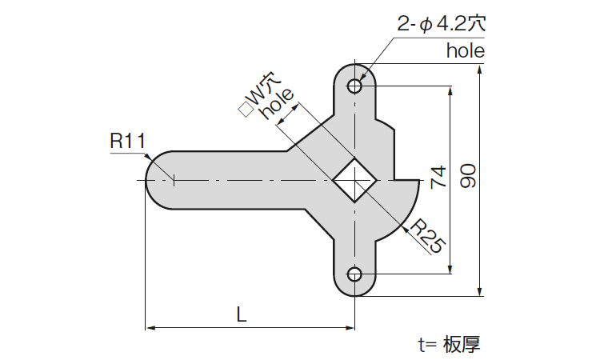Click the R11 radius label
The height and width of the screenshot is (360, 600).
click(126, 142)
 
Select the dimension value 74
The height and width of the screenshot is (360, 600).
click(437, 178)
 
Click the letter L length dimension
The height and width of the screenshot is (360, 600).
click(241, 314)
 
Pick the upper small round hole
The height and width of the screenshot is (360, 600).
click(354, 86)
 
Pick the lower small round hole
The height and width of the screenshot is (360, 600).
click(354, 275)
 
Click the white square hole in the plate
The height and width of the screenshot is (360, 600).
click(354, 180)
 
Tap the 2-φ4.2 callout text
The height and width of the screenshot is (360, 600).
click(442, 23)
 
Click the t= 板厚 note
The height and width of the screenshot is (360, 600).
click(449, 345)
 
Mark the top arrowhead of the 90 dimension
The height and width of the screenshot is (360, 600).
click(480, 70)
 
